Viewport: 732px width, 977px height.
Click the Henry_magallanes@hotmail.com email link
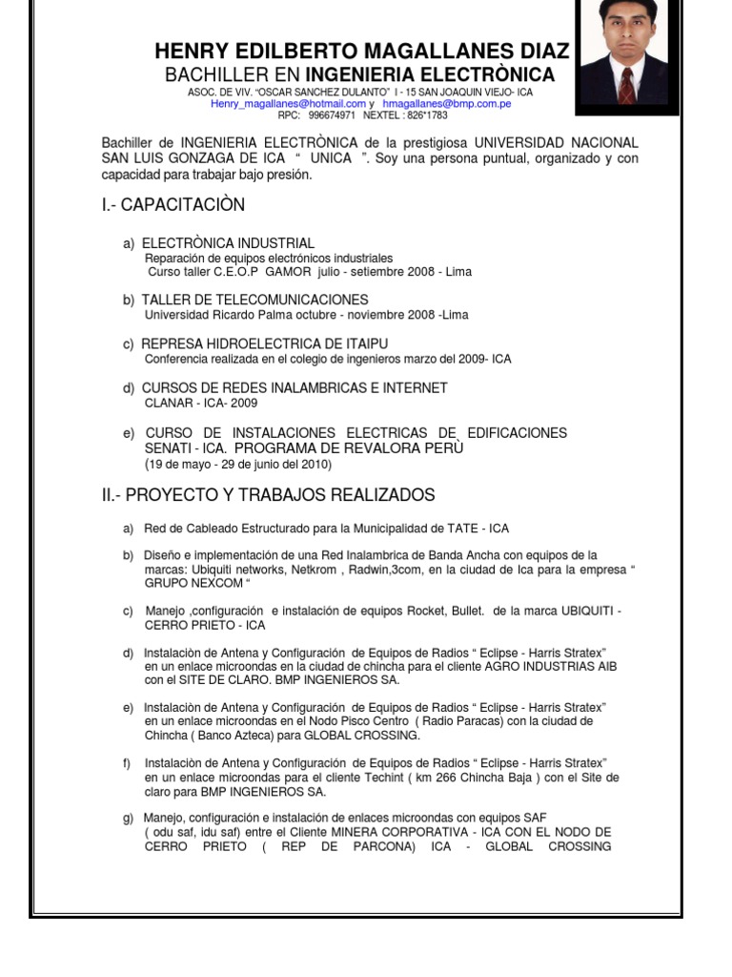point(289,103)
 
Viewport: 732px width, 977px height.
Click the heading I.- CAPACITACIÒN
point(173,205)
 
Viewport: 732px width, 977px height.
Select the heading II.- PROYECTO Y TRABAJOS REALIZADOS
point(268,495)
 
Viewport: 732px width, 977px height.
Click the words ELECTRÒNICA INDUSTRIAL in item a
point(228,243)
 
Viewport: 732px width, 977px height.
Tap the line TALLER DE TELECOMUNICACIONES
point(254,300)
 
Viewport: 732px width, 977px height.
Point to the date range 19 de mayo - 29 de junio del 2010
point(238,464)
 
